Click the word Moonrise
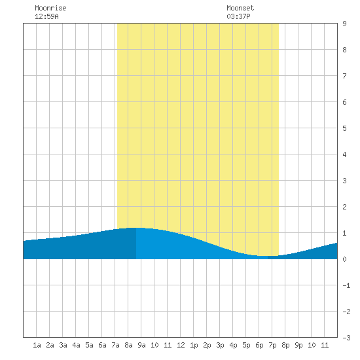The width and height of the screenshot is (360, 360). [x=50, y=8]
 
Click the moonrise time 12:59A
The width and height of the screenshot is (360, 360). [x=46, y=16]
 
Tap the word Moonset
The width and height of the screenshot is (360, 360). [x=240, y=8]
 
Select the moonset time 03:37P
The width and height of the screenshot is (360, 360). [x=238, y=16]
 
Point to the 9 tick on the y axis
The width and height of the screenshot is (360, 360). [x=344, y=24]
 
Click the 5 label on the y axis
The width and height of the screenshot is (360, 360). [x=344, y=128]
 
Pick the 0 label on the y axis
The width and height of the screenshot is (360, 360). [x=344, y=259]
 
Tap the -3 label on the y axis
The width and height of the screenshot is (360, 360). [x=346, y=338]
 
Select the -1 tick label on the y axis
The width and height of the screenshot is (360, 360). [x=346, y=285]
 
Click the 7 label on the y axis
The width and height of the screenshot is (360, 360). [x=344, y=76]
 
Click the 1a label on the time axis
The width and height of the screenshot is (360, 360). [x=37, y=345]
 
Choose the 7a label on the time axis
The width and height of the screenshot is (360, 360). [x=115, y=345]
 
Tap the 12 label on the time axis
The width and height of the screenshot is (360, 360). [x=181, y=345]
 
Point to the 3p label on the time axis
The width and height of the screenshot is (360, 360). [x=220, y=345]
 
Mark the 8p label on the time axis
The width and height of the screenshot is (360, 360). [x=285, y=345]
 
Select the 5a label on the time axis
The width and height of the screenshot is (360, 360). [x=89, y=345]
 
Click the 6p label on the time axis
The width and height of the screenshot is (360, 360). [x=259, y=345]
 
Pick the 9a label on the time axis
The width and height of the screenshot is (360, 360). [x=141, y=345]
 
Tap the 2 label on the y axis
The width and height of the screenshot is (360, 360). [x=344, y=207]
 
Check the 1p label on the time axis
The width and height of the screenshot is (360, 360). [x=194, y=345]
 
